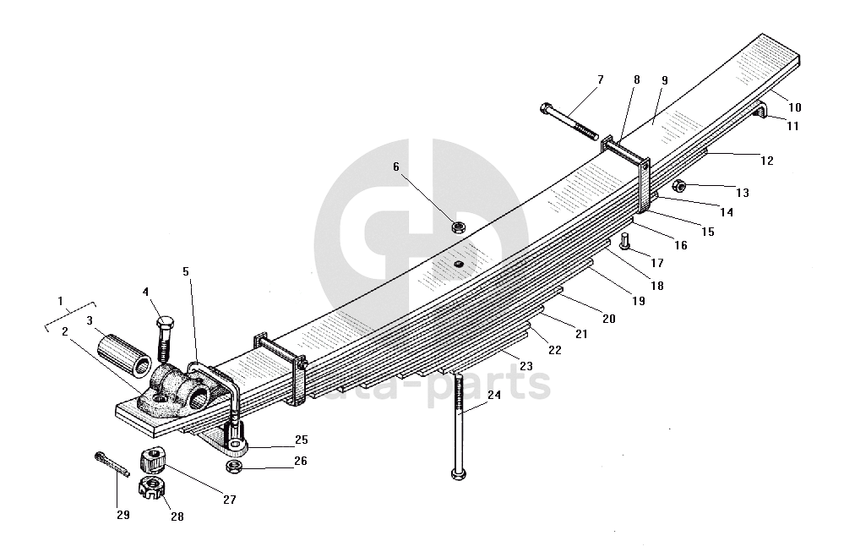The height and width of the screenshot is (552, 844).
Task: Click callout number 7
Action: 600,79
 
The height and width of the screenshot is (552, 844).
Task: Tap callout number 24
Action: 493,394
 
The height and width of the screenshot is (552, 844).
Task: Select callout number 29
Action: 123,515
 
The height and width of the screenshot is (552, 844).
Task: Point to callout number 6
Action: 395,167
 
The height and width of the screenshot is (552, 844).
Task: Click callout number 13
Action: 743,193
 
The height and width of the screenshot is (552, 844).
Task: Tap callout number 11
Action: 792,126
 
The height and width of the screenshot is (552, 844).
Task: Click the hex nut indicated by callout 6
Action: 460,227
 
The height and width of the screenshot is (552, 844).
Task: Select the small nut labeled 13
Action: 679,185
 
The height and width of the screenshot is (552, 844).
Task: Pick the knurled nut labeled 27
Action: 150,460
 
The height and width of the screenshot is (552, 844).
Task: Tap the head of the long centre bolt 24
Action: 458,473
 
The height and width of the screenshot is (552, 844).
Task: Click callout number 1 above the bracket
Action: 60,301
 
